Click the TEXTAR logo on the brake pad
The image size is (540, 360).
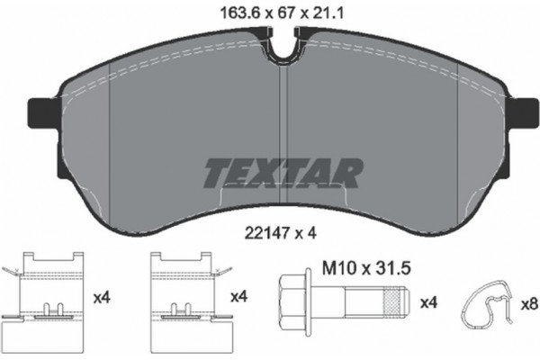click(x=283, y=170)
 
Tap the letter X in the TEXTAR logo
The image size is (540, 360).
click(x=259, y=170)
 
